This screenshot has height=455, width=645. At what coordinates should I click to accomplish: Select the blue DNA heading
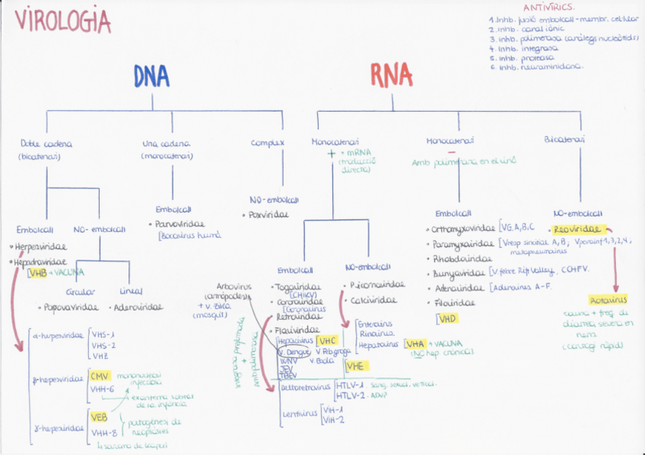[x=151, y=76]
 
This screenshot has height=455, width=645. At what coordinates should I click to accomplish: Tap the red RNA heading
[x=392, y=75]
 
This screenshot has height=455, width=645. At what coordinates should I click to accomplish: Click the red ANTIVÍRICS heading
[x=548, y=7]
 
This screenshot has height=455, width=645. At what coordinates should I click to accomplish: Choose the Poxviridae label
[x=270, y=215]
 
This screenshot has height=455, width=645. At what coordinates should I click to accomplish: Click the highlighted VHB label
[x=37, y=272]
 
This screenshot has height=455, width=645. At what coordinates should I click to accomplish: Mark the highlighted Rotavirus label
[x=608, y=299]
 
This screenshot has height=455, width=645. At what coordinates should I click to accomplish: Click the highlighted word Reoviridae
[x=577, y=229]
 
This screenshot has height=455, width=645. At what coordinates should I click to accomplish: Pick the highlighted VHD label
[x=447, y=318]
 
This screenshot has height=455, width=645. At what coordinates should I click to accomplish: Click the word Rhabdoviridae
[x=459, y=258]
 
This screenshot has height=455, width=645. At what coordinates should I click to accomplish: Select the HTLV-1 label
[x=350, y=386]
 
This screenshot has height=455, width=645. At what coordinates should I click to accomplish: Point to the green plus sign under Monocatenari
[x=331, y=153]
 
